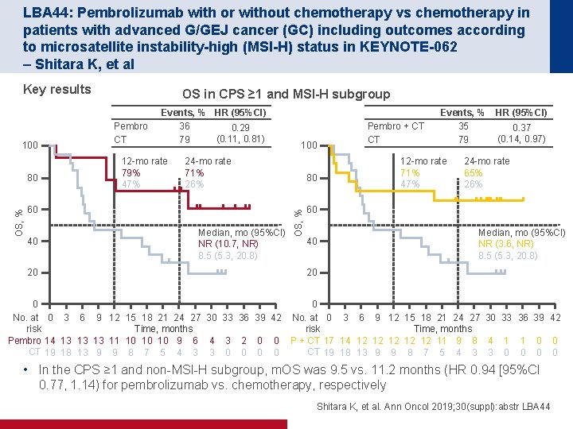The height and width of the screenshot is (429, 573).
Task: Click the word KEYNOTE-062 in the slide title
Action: (x=417, y=47)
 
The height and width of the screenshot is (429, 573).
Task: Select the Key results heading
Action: (x=57, y=89)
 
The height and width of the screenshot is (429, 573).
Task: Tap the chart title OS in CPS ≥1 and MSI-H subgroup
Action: (x=286, y=94)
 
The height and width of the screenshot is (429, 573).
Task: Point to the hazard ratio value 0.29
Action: (x=240, y=128)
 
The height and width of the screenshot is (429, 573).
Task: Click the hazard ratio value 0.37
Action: (x=521, y=128)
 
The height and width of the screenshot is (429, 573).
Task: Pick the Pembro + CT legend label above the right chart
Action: (x=396, y=126)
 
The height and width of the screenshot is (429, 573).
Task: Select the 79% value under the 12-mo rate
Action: (x=133, y=172)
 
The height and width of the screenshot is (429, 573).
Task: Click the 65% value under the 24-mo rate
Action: (x=474, y=172)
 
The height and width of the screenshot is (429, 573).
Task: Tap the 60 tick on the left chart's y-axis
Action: (x=33, y=209)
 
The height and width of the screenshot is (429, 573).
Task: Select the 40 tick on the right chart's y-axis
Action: (x=313, y=241)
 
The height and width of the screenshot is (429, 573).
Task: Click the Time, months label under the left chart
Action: (x=163, y=329)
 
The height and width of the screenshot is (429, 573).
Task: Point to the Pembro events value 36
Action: (x=185, y=126)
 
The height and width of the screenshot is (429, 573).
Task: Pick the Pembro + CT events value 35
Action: (x=464, y=126)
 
